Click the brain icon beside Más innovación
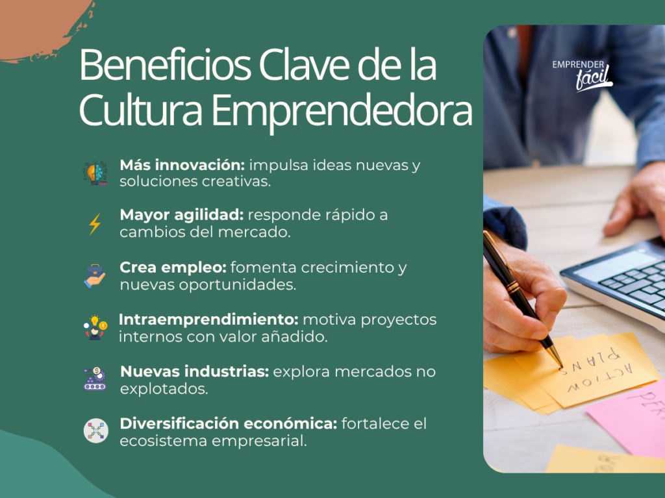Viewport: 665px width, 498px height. point(95,173)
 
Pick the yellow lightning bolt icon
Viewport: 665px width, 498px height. point(95,224)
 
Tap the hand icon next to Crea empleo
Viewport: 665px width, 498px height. point(95,275)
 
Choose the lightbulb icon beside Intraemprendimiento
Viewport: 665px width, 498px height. point(95,327)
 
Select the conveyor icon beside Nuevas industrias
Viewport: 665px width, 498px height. point(95,379)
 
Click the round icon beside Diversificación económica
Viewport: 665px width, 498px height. point(95,431)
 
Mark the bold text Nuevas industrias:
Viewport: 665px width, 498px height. point(194,371)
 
